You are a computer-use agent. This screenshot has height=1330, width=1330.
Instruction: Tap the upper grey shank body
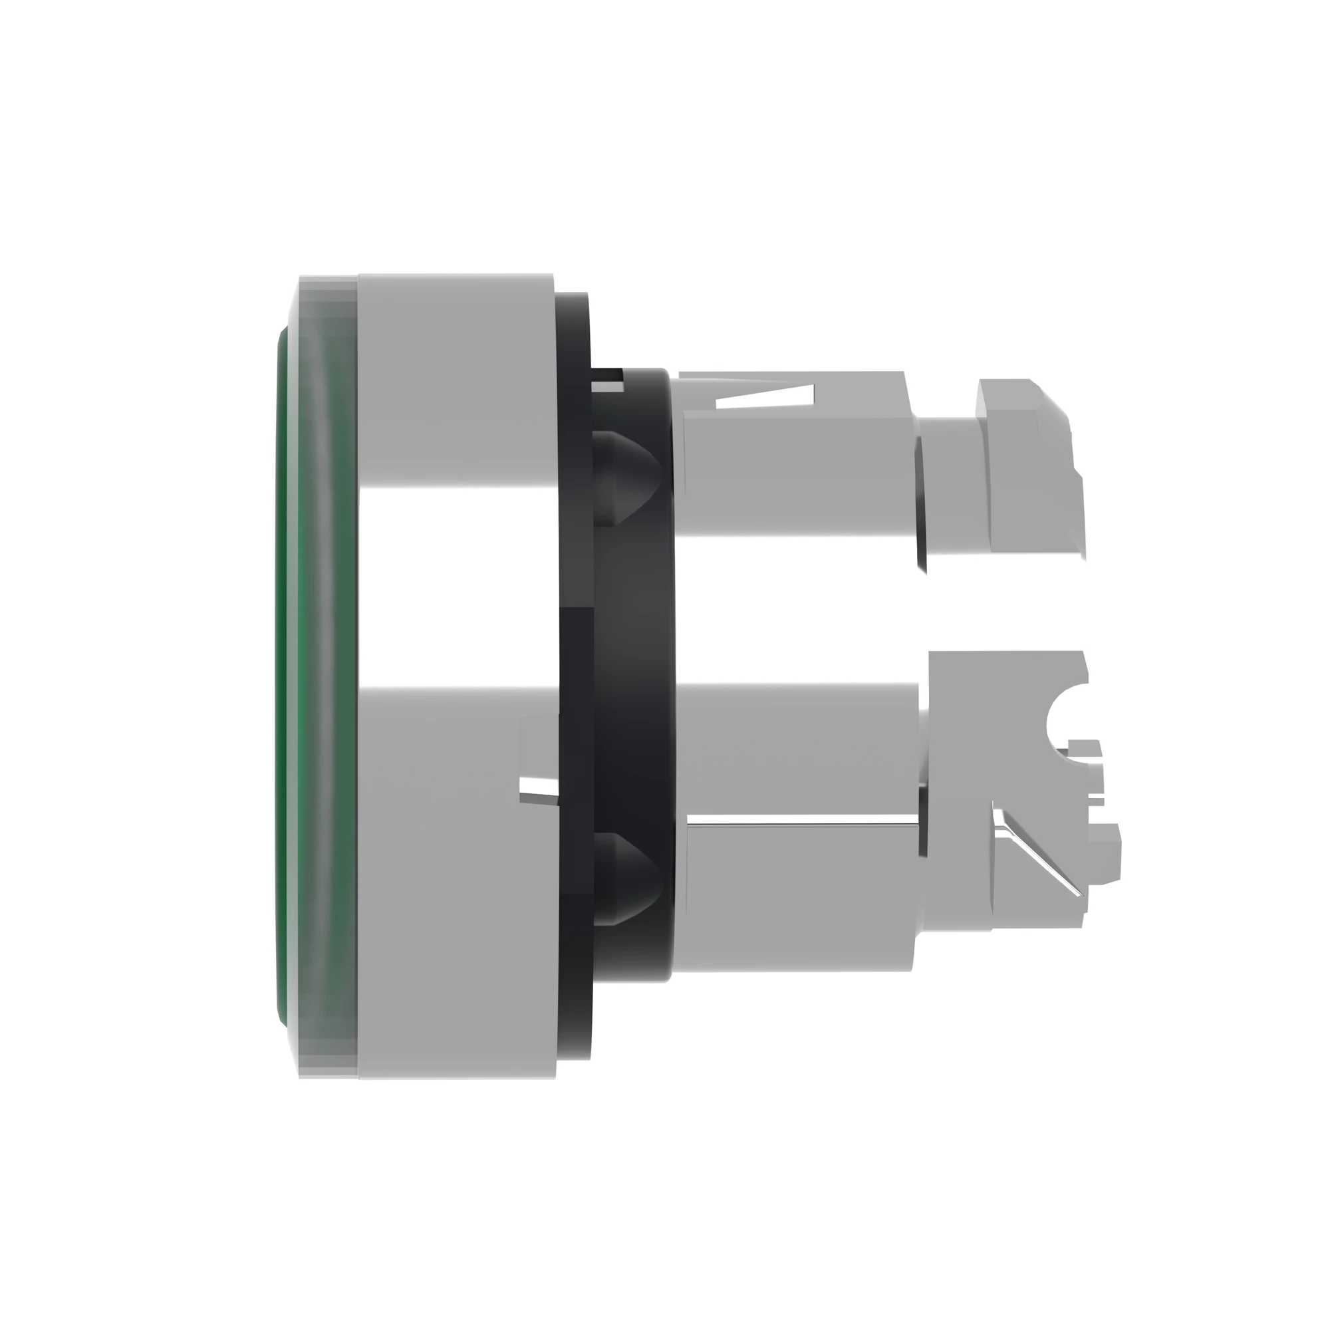pos(799,475)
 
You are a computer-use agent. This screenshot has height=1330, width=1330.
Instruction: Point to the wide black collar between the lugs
pos(633,674)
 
